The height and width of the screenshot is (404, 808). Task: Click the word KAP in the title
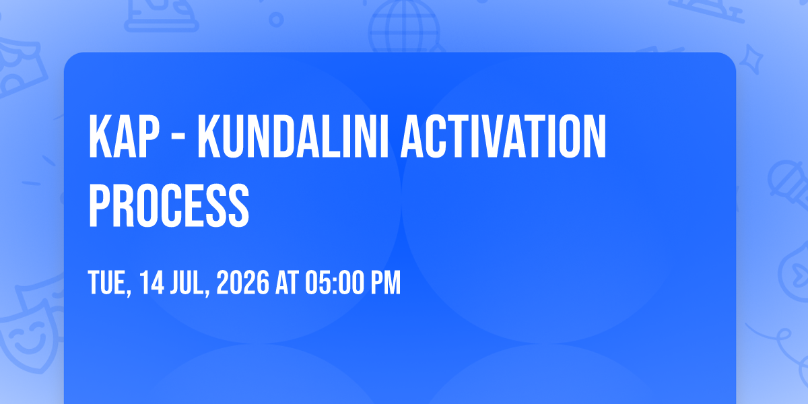(x=124, y=136)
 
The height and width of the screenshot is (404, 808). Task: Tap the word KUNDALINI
(x=292, y=136)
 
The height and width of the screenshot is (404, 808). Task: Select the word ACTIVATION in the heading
(x=504, y=136)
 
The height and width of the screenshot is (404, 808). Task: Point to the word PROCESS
(x=169, y=205)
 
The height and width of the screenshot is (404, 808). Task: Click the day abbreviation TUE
(x=108, y=282)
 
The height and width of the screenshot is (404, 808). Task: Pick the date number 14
(x=152, y=282)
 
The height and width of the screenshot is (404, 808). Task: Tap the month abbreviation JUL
(x=189, y=282)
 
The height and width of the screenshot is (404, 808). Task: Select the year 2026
(x=242, y=282)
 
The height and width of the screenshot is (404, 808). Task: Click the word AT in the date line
(x=287, y=282)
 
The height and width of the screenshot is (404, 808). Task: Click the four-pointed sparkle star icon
(x=751, y=60)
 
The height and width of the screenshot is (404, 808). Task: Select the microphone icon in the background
(x=788, y=184)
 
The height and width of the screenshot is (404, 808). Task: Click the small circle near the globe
(x=276, y=20)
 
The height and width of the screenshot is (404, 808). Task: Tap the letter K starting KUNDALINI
(x=209, y=136)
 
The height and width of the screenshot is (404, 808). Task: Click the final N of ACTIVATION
(x=595, y=136)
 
